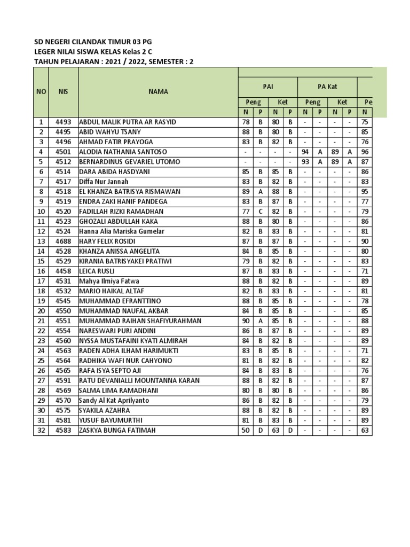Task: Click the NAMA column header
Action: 158,91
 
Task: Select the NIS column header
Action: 63,91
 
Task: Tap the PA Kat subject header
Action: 327,86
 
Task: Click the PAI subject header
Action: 267,86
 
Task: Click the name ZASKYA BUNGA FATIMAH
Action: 117,430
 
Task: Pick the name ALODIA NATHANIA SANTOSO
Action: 123,152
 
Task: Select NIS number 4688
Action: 63,241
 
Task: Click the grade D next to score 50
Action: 261,430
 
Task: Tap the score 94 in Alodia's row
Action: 305,152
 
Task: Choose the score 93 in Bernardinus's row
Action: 305,161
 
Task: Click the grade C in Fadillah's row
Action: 261,211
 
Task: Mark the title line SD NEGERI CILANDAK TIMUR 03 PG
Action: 96,42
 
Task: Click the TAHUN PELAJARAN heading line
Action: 114,61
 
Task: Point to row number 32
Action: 41,430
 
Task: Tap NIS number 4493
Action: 63,122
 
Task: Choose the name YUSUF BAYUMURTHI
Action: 111,420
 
